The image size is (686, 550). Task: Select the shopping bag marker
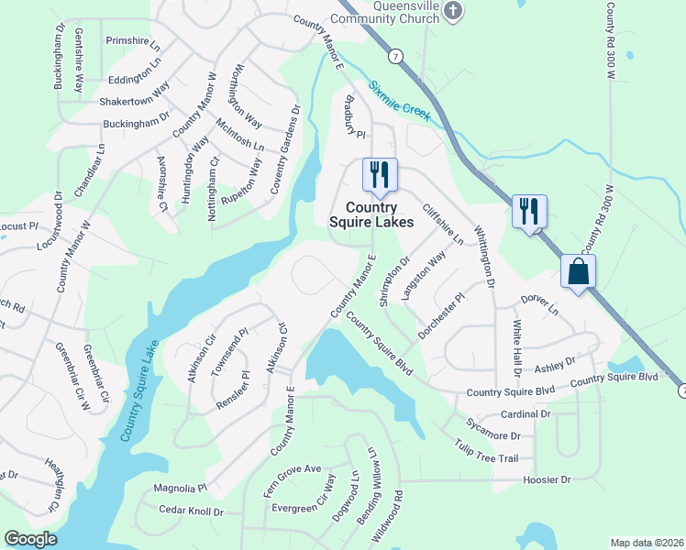(x=579, y=271)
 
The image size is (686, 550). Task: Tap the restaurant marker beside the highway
(x=529, y=211)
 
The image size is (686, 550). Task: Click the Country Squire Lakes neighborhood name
(x=372, y=214)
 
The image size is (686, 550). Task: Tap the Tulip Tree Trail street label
(x=486, y=452)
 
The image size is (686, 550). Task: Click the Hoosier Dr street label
(x=546, y=479)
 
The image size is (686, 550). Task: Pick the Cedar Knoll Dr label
(x=192, y=511)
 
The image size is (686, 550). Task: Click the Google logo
(x=31, y=539)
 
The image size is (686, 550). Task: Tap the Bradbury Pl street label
(x=355, y=117)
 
